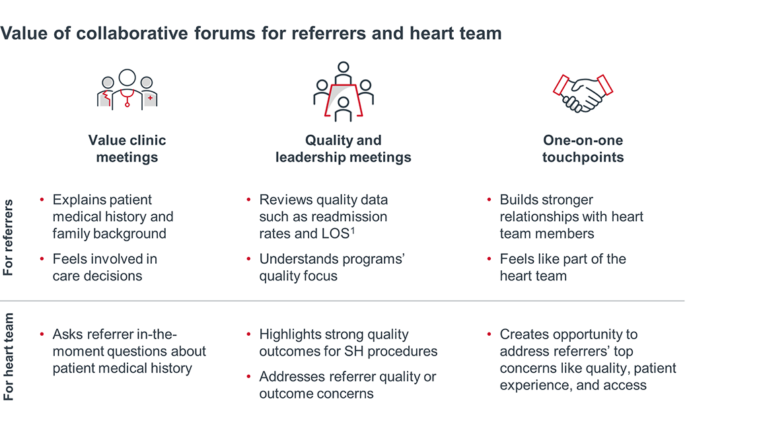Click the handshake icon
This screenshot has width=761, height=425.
583,93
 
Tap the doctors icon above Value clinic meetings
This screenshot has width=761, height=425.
127,91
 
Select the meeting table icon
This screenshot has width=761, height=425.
343,93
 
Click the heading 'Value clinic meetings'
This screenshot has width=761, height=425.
127,149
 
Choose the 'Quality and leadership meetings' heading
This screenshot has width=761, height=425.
343,149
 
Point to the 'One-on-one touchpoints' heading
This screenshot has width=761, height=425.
583,149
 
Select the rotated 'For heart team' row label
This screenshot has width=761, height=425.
9,357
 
